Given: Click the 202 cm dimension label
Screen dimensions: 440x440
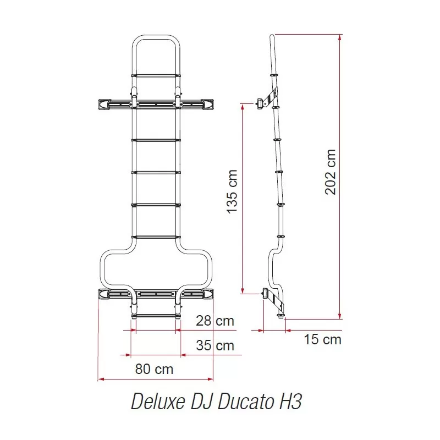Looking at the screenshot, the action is [331, 172].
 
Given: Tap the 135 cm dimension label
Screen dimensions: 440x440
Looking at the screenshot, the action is [232, 191].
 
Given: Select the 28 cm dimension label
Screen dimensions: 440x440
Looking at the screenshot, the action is [215, 321].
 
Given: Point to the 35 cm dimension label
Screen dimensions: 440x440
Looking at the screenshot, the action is [215, 345].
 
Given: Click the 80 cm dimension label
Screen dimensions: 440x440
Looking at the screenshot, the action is [154, 369].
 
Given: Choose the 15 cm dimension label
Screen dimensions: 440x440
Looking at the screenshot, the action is [323, 339].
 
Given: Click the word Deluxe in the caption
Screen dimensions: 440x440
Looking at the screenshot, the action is [158, 402].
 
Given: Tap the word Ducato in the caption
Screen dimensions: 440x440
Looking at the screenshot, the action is [246, 402].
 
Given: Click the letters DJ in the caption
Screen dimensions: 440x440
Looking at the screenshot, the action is [202, 402].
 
